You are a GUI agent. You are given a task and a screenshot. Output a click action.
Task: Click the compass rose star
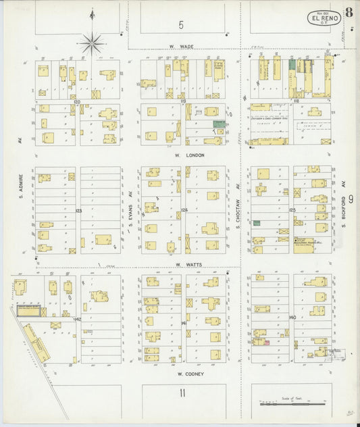(92, 44)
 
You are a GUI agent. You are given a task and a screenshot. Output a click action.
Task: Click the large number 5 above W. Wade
(182, 25)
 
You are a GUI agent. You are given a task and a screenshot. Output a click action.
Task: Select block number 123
(78, 211)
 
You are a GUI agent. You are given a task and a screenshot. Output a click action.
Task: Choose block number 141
(184, 324)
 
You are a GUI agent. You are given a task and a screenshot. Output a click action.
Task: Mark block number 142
(78, 318)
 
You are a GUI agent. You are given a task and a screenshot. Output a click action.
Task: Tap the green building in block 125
(257, 222)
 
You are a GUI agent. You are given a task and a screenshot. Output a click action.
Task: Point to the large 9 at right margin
(351, 201)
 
